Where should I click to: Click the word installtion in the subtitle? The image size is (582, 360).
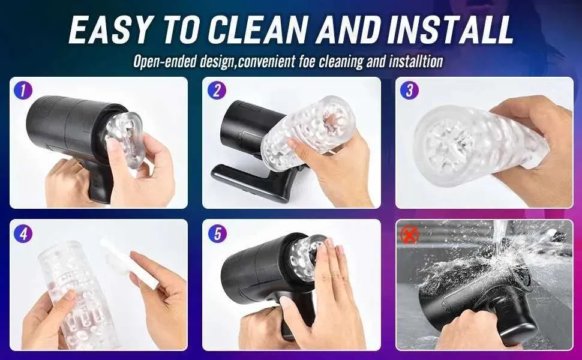click(x=416, y=61)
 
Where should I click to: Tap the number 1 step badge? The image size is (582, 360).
click(x=23, y=91)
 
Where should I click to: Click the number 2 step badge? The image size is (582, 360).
click(x=217, y=91)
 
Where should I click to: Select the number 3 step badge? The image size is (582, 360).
click(x=409, y=91)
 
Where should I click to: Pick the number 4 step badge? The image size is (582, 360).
click(x=23, y=234)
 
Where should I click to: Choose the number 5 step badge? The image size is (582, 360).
click(x=217, y=234)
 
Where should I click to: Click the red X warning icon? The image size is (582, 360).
click(x=410, y=235)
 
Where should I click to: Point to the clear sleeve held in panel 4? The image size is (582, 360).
click(x=79, y=293)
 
